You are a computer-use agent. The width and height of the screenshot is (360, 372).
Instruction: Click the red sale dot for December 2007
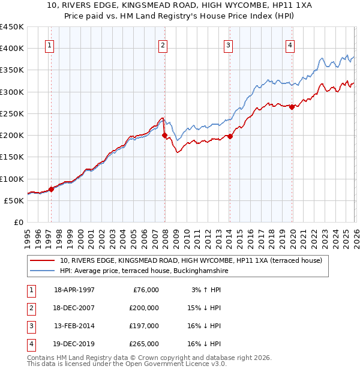coord(164,135)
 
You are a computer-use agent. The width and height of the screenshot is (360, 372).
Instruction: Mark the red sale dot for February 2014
coord(230,136)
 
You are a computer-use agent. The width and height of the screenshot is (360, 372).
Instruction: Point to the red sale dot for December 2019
coord(292,107)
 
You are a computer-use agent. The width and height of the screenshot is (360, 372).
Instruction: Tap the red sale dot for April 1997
coord(51,189)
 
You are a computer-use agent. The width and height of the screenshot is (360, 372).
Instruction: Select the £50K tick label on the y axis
coord(14,200)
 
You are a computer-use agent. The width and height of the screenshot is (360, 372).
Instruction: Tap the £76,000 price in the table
coord(145,290)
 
